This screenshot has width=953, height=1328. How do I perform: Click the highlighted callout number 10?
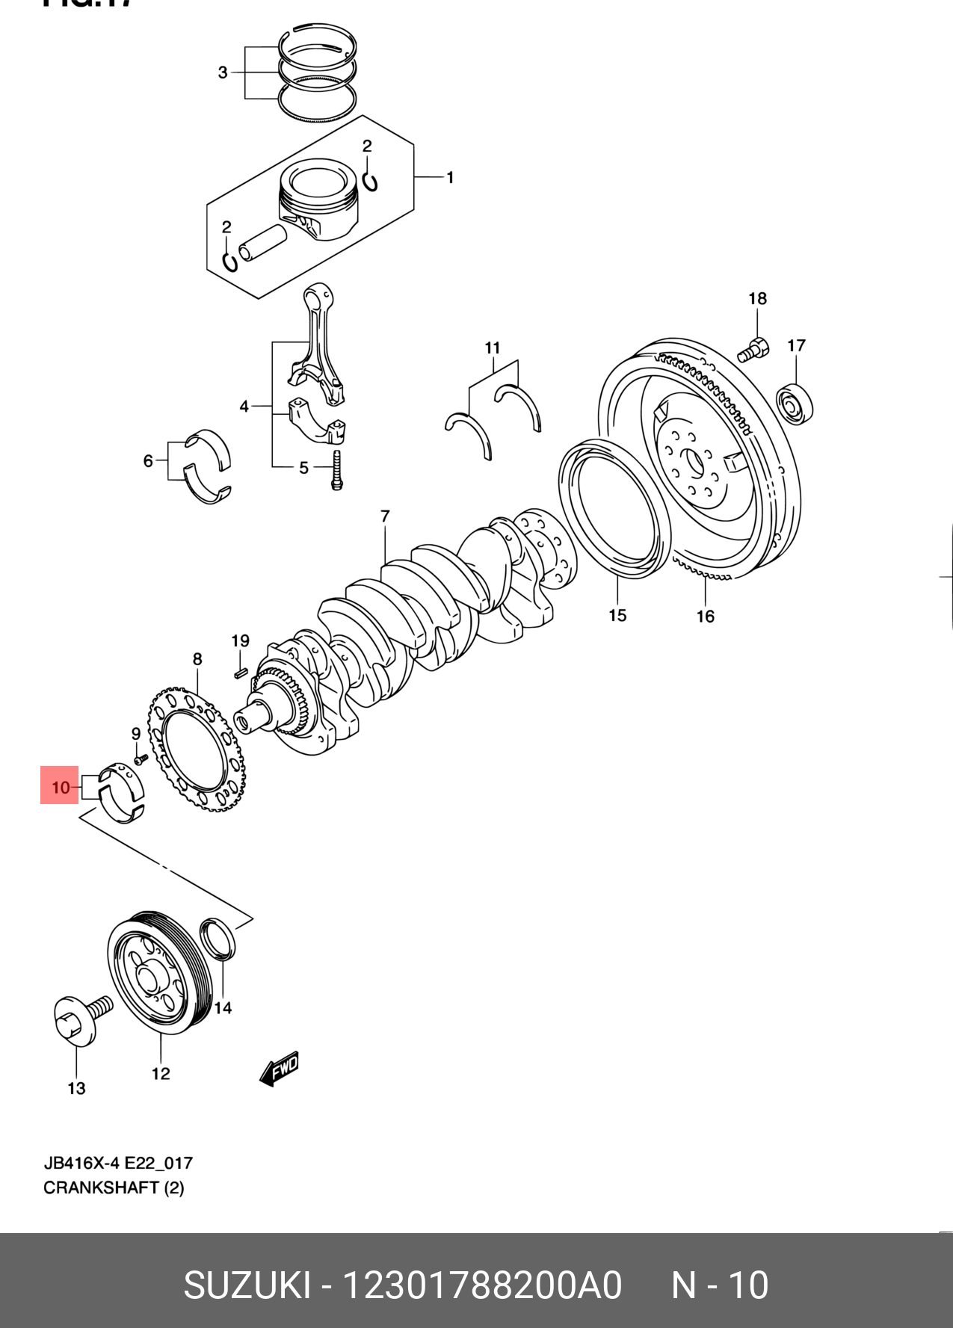click(60, 786)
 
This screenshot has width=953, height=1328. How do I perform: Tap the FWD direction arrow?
click(280, 1069)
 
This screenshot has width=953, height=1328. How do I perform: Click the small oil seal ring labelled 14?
click(218, 939)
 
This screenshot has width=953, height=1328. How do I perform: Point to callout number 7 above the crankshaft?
click(385, 516)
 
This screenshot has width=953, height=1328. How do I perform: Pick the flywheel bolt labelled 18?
click(753, 349)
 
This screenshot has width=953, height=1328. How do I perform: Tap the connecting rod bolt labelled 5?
click(337, 469)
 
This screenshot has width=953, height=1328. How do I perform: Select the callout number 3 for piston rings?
click(223, 72)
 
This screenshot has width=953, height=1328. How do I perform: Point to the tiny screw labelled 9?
click(139, 759)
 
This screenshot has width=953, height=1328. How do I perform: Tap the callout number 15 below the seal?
click(617, 615)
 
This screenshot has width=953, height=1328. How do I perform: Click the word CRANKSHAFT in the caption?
click(101, 1188)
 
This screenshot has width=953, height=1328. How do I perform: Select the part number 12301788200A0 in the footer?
click(482, 1285)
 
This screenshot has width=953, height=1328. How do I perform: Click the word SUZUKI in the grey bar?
click(247, 1285)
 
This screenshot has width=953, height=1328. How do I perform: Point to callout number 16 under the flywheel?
click(706, 616)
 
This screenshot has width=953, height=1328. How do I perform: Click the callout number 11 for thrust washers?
click(492, 348)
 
